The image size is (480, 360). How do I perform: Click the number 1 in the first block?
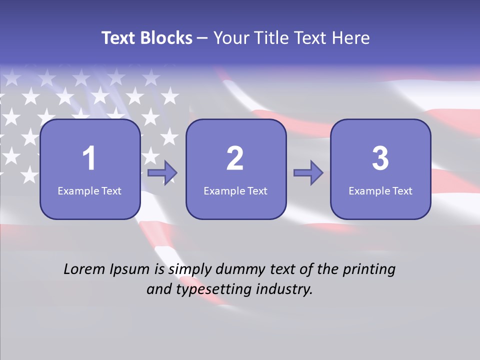click(89, 158)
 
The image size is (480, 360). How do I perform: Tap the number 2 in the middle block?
click(235, 158)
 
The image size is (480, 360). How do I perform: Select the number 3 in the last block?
click(380, 158)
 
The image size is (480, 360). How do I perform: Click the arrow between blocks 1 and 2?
click(162, 173)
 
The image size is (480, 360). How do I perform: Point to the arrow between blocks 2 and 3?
click(308, 173)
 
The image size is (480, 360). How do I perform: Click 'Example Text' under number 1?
click(89, 190)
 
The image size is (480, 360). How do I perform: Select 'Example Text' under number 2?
click(235, 190)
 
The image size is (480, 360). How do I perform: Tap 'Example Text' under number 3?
click(380, 190)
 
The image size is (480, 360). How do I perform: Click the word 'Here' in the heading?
click(350, 38)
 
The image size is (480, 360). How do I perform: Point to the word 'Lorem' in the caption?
click(83, 269)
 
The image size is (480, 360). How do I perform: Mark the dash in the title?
click(203, 38)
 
